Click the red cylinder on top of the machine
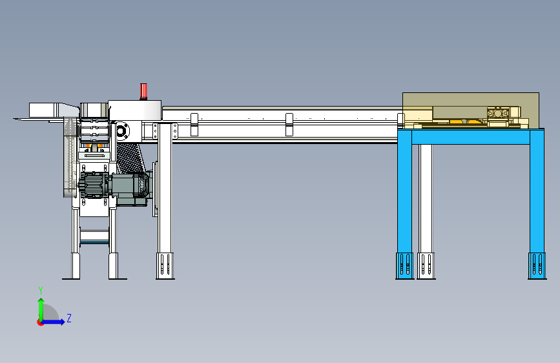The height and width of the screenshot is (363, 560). (143, 90)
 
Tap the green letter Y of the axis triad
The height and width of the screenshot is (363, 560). (41, 290)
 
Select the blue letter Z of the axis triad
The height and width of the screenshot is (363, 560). (69, 318)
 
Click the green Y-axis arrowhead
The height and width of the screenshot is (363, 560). (41, 300)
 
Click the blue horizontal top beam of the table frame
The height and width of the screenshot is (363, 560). (471, 137)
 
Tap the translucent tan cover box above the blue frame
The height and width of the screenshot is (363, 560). (471, 110)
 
